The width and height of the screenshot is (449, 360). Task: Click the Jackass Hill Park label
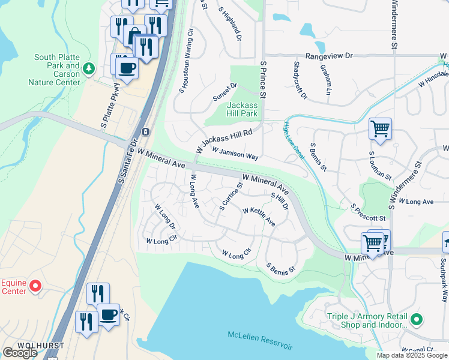pos(243,109)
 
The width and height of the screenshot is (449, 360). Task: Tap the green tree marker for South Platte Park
pos(89,68)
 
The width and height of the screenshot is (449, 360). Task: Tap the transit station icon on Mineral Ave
pos(145,131)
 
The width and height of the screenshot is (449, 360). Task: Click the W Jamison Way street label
pos(235,154)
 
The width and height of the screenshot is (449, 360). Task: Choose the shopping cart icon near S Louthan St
pos(380,128)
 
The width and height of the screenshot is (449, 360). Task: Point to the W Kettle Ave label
pos(259,217)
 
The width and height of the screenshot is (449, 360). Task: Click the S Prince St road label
pos(262,79)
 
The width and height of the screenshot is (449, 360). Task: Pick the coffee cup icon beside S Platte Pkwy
pos(126,68)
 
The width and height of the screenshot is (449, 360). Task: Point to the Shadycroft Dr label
pos(300,80)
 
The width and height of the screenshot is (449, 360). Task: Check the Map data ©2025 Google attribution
pos(412,355)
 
